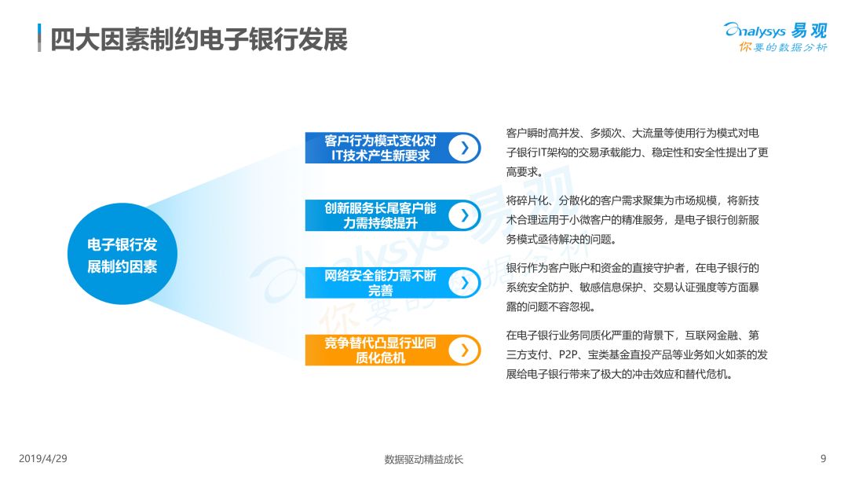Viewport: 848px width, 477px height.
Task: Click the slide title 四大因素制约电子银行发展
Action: click(199, 39)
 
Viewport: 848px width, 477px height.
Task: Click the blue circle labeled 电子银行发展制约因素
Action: click(122, 254)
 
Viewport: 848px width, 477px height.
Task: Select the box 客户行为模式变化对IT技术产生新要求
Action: click(393, 148)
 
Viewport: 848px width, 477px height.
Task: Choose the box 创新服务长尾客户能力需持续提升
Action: click(393, 215)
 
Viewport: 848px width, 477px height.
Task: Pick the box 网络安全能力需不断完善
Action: click(393, 283)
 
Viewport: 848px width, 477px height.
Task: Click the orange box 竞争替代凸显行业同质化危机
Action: click(393, 350)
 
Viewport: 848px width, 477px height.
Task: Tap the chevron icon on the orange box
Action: click(464, 350)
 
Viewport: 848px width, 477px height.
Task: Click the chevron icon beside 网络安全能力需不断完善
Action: click(464, 283)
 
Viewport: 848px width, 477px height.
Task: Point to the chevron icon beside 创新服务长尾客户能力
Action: click(464, 215)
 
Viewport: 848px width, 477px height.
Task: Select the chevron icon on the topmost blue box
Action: click(464, 148)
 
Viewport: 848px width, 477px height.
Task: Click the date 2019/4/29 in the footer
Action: click(43, 459)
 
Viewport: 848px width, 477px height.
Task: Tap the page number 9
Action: click(823, 459)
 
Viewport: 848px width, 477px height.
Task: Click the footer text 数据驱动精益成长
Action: click(424, 459)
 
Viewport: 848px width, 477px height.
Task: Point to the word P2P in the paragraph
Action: click(569, 354)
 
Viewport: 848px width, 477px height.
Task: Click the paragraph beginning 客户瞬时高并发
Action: click(637, 152)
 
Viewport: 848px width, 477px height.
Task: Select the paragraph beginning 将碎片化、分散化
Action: click(633, 220)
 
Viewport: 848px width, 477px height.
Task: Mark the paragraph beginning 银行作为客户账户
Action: click(633, 288)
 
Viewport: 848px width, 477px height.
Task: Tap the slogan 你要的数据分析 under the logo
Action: click(783, 47)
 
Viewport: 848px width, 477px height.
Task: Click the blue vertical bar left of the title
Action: click(39, 38)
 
